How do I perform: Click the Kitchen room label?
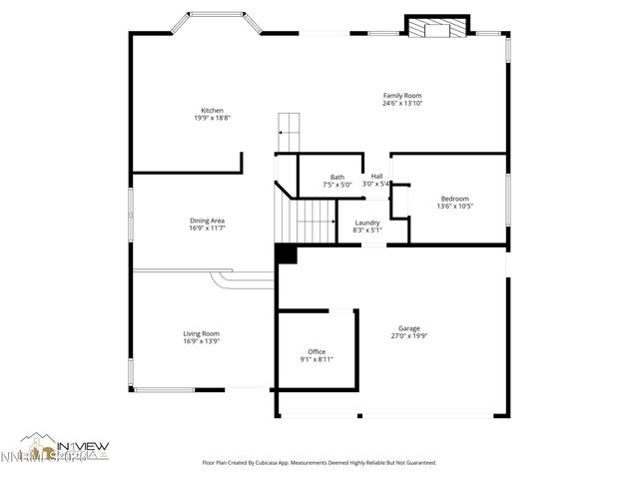pos(212,110)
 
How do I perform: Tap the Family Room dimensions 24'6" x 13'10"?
pos(402,104)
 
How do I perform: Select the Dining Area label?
pos(207,220)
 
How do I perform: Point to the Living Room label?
pos(201,333)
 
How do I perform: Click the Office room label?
pos(317,351)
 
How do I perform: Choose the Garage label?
pos(408,328)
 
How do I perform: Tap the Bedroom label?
pos(454,199)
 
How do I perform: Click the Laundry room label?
pos(366,223)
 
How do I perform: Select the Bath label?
pos(337,177)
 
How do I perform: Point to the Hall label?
pos(376,177)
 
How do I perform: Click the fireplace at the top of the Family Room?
pos(436,28)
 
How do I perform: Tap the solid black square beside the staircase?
pos(286,254)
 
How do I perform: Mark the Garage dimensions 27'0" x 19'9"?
pos(408,336)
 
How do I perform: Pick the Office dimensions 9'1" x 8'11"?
pos(317,359)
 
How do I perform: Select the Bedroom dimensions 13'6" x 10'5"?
pos(454,207)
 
